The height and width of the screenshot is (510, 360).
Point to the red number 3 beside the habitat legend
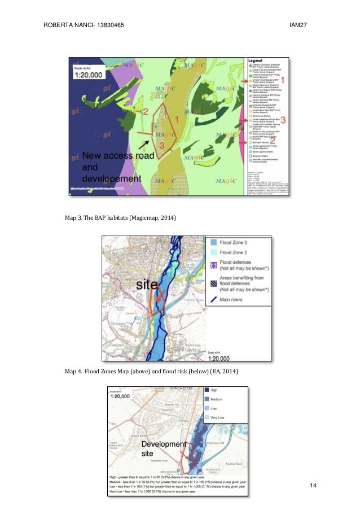click(x=283, y=119)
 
